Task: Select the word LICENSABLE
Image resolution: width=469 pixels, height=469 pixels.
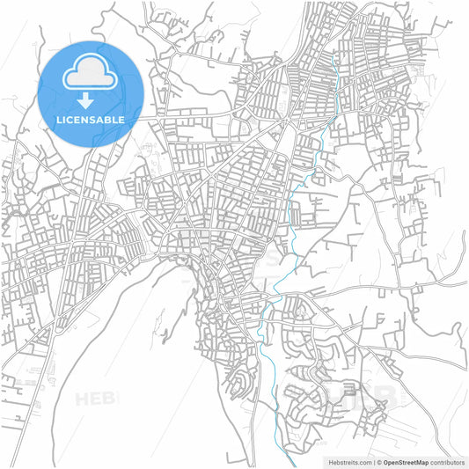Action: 91,119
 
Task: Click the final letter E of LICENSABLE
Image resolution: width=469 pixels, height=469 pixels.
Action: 121,119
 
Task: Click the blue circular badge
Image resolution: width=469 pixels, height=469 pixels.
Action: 91,92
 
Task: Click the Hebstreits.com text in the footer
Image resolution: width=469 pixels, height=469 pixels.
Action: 348,462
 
